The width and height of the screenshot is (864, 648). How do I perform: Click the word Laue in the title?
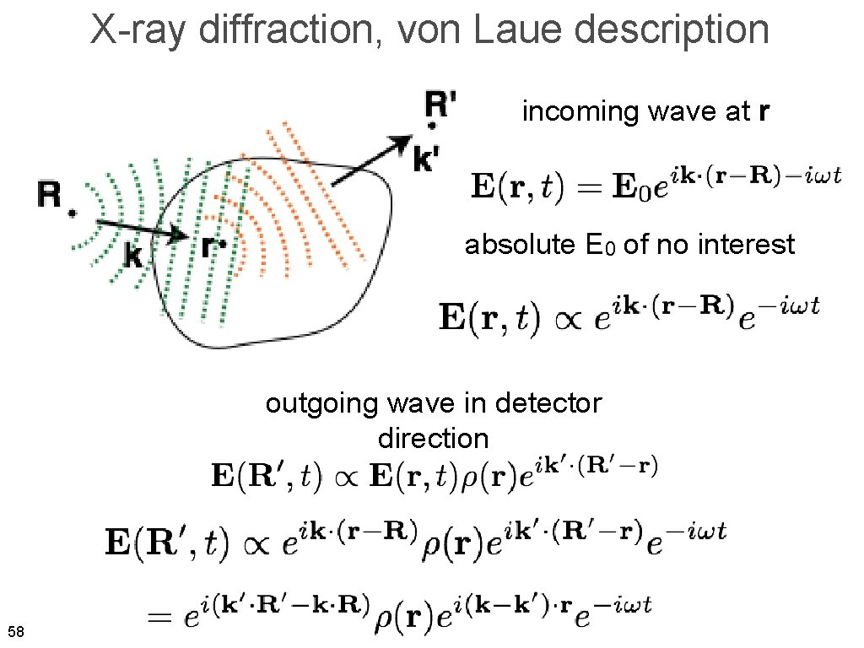[x=510, y=31]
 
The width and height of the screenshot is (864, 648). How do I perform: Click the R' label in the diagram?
[x=440, y=105]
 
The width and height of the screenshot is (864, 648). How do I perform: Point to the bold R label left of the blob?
[x=50, y=197]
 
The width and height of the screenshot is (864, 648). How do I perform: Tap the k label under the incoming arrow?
[x=133, y=256]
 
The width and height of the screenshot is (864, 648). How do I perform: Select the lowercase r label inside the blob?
[x=209, y=246]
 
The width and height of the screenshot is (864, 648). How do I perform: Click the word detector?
[x=548, y=403]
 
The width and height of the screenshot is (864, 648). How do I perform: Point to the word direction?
[x=433, y=439]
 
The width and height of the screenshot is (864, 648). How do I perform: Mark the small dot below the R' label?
[x=432, y=127]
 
